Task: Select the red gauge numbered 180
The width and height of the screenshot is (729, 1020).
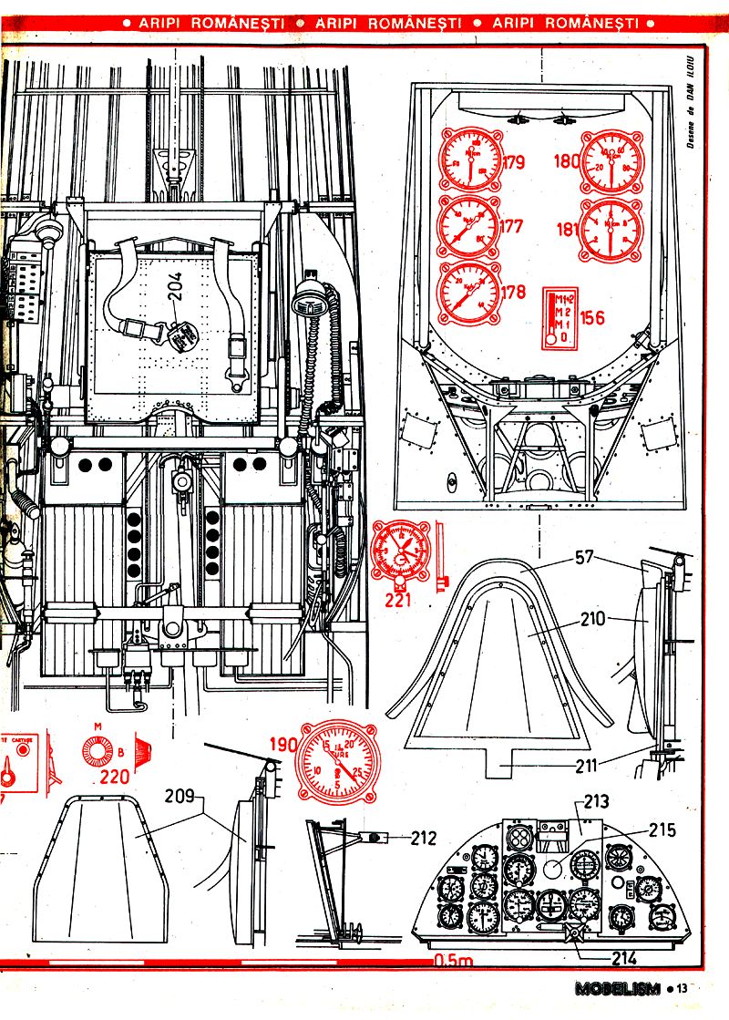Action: coord(611,160)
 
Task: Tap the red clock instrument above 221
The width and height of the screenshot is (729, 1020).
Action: coord(400,551)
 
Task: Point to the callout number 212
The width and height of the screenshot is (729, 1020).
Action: coord(423,838)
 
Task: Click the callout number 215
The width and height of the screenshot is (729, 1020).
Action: coord(662,829)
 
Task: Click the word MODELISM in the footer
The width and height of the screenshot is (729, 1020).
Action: coord(617,988)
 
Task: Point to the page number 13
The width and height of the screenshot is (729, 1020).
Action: coord(683,988)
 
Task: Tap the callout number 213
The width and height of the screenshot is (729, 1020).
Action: coord(596,803)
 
